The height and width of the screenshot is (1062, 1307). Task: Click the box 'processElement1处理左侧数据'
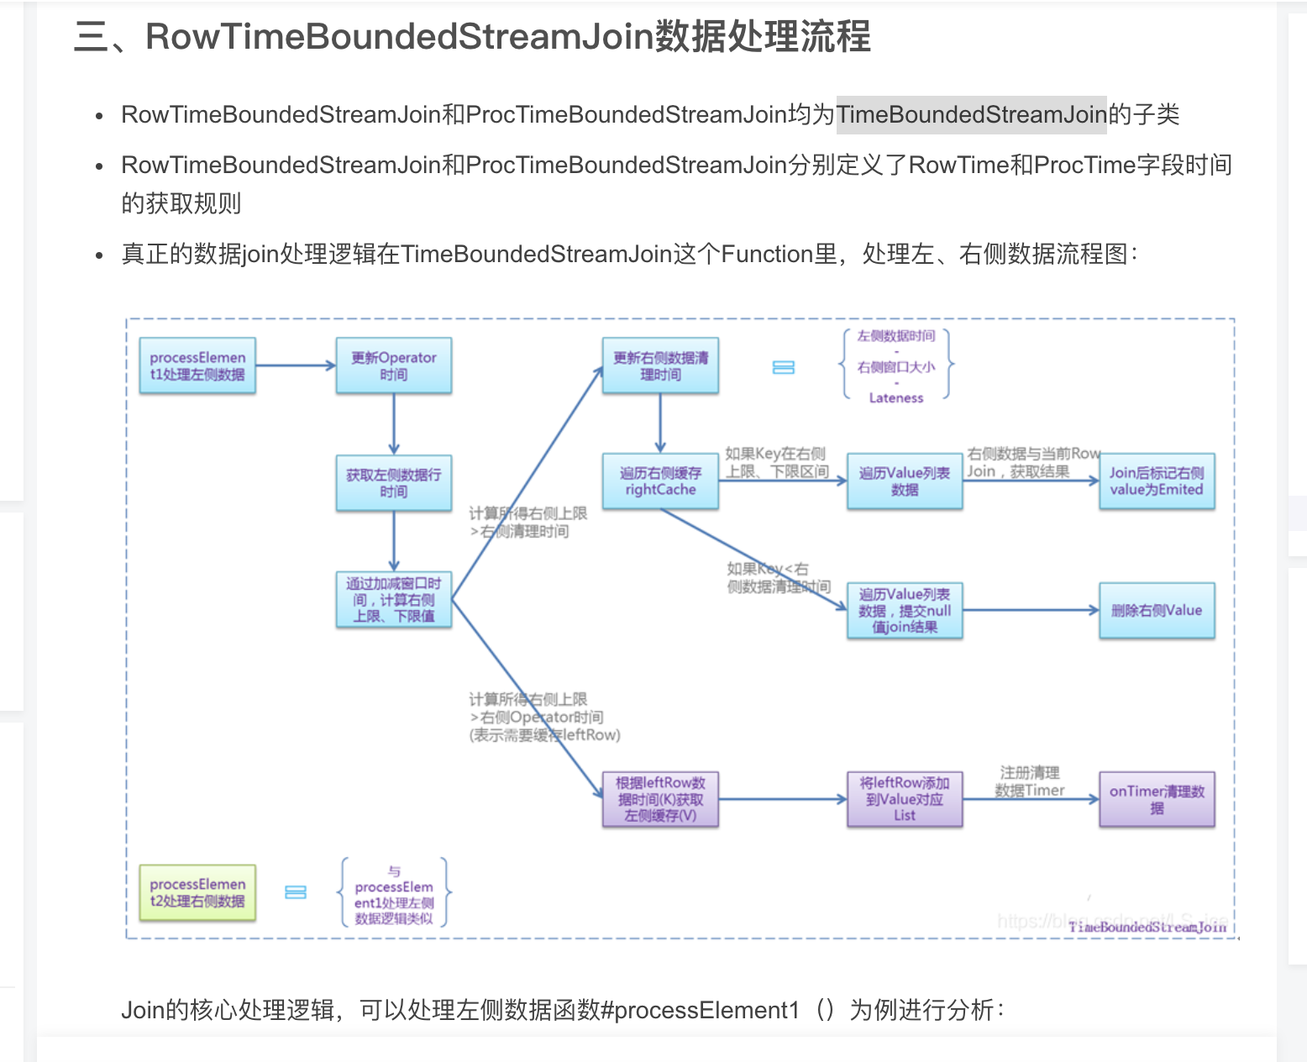coord(197,365)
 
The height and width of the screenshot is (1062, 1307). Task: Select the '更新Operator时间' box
coord(393,365)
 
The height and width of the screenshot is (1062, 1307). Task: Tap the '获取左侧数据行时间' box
coord(393,482)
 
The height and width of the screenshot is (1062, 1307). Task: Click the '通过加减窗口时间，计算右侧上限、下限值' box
coord(393,599)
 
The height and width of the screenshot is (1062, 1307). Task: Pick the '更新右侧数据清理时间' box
coord(660,365)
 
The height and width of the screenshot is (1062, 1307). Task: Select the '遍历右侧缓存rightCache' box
coord(660,481)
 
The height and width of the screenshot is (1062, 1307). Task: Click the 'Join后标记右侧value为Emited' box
coord(1157,481)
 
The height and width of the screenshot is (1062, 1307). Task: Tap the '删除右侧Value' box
coord(1157,610)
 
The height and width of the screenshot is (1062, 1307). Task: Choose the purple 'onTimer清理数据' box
coord(1157,799)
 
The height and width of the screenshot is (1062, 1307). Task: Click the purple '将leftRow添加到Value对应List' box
coord(905,799)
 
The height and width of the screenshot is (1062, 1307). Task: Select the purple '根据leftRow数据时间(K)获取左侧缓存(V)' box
coord(660,799)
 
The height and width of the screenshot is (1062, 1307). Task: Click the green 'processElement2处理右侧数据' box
coord(197,892)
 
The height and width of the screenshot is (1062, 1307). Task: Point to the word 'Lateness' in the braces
coord(896,398)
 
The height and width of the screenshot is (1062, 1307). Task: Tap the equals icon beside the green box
coord(296,892)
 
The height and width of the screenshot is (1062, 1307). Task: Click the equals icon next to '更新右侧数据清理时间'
coord(783,367)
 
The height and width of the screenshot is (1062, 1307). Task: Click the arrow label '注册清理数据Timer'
coord(1030,781)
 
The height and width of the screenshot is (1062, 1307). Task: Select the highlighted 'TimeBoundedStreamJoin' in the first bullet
coord(971,114)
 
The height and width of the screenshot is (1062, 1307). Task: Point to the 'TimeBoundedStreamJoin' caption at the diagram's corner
coord(1147,927)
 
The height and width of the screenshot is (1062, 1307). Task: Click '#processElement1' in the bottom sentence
coord(701,1009)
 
